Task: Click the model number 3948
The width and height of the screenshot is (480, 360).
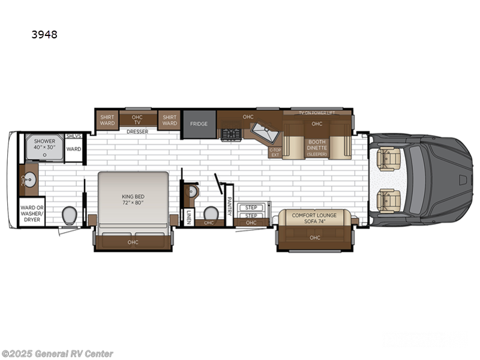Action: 45,34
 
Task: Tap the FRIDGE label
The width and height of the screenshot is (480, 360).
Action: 199,124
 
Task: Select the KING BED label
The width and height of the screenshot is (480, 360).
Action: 133,200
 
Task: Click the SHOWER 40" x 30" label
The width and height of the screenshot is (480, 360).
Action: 44,145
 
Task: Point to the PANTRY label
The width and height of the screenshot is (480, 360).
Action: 229,205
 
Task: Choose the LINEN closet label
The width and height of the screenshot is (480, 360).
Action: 188,218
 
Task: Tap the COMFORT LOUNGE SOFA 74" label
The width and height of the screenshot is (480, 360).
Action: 314,217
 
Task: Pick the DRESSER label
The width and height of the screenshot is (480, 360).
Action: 137,131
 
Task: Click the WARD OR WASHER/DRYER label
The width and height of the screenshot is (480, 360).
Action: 31,213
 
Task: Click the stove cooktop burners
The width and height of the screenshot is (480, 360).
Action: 230,134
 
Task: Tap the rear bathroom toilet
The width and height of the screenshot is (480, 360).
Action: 69,214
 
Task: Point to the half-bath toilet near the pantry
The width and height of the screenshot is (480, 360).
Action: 211,213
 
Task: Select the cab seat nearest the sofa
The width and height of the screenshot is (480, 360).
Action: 388,200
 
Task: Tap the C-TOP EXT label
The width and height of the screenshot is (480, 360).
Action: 275,152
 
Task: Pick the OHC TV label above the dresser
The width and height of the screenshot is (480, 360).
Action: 137,119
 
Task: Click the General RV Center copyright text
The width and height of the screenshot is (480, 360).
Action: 58,353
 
